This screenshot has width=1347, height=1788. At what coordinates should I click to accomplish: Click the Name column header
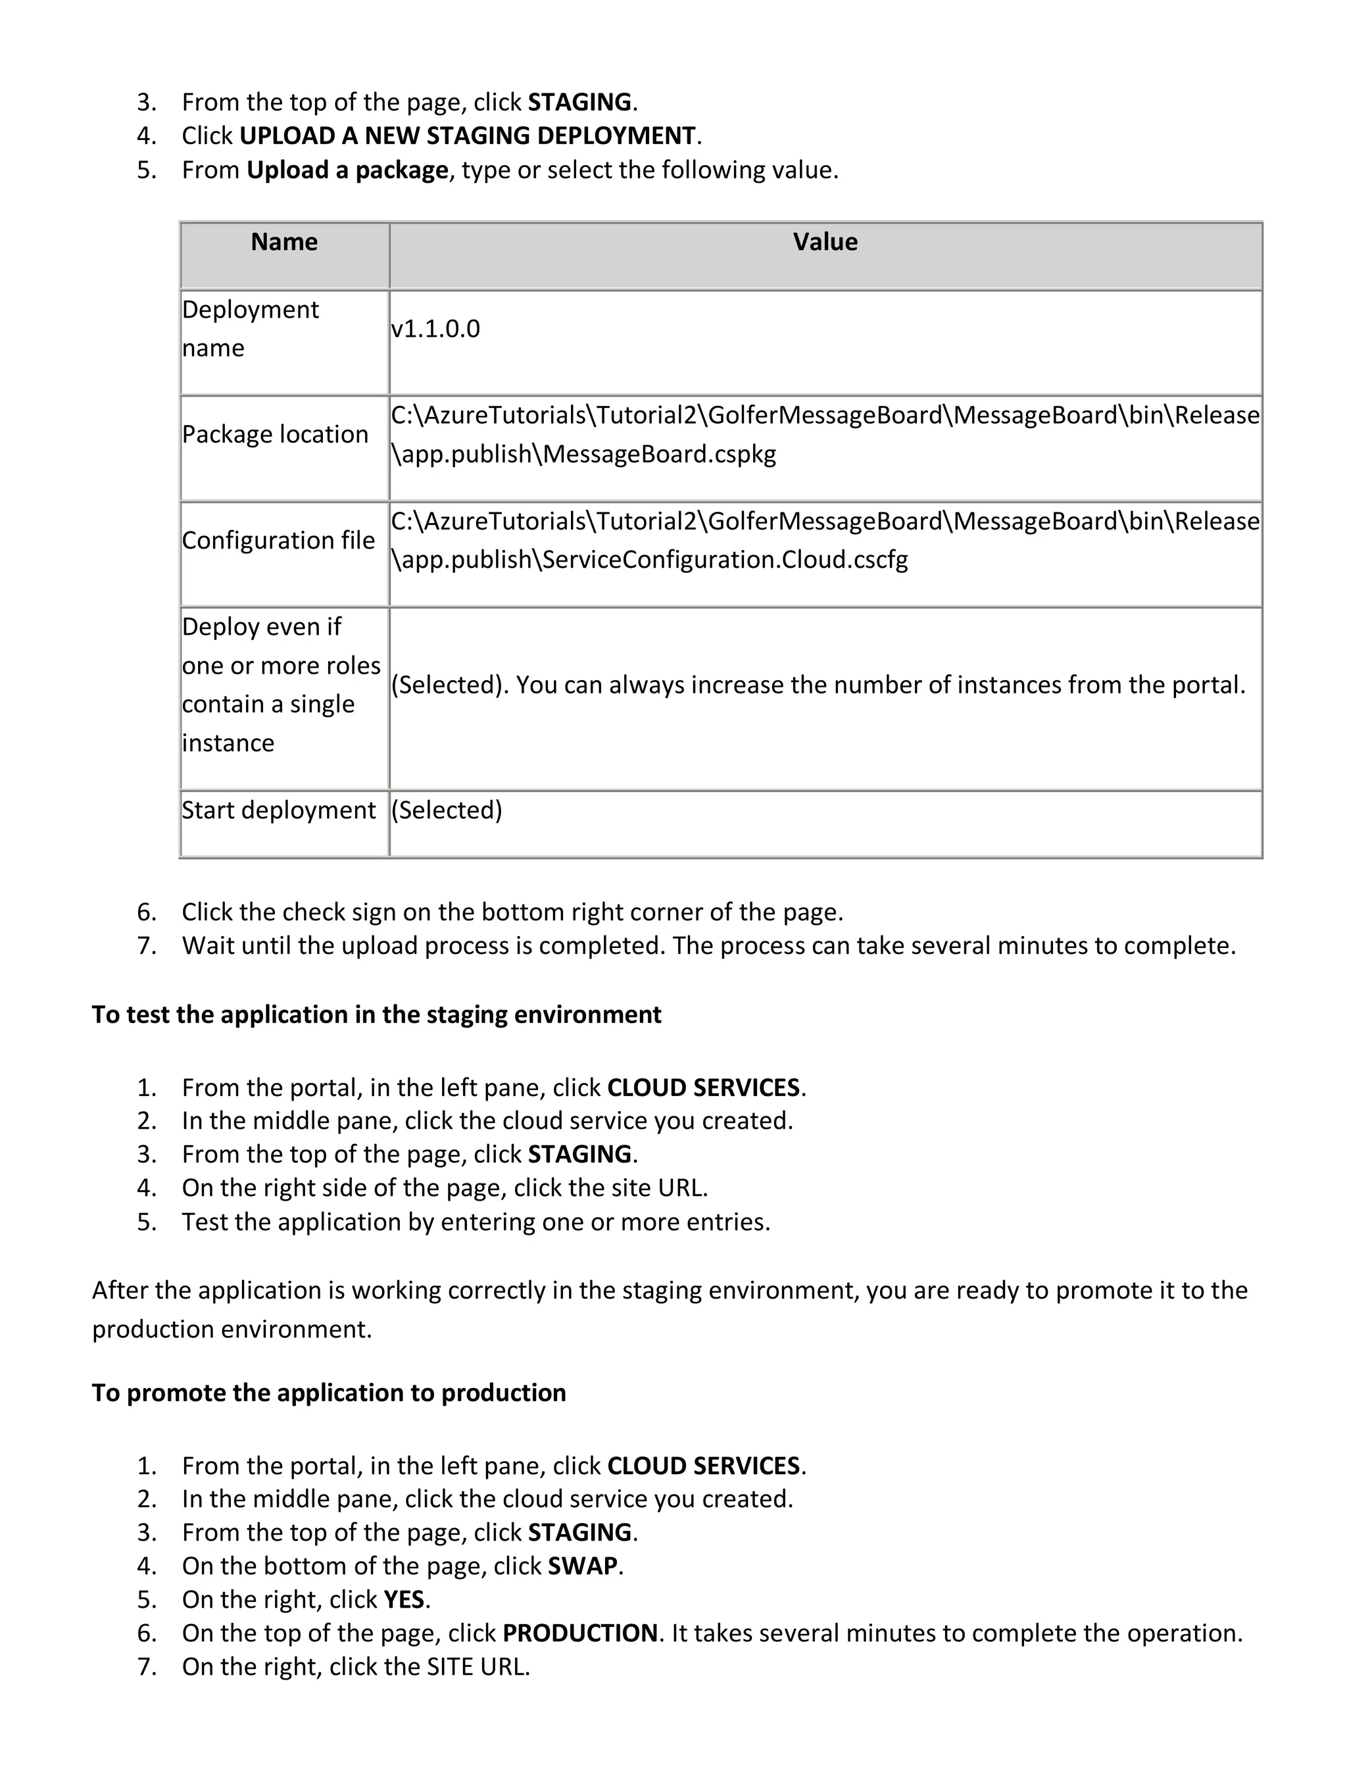coord(283,241)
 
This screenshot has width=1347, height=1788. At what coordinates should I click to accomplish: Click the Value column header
coord(824,241)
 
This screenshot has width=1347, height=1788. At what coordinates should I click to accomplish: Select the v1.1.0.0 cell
coord(435,329)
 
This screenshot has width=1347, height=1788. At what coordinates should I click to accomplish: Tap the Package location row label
coord(275,434)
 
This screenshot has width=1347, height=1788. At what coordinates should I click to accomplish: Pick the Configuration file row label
coord(278,540)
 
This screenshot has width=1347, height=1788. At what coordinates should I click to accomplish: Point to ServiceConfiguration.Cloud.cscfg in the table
coord(725,559)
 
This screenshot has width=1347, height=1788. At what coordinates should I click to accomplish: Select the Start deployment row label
coord(278,810)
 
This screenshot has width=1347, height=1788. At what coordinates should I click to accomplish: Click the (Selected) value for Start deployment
coord(447,810)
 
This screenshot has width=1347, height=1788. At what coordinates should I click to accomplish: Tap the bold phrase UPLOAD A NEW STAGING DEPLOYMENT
coord(467,136)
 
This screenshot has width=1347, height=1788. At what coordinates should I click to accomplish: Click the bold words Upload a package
coord(347,170)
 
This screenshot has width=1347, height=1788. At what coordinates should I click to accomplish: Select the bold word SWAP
coord(582,1566)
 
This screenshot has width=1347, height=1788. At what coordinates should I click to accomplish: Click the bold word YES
coord(404,1599)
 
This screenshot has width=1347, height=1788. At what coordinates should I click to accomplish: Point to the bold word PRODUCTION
coord(579,1633)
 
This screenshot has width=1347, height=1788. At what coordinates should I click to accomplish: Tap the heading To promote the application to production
coord(328,1393)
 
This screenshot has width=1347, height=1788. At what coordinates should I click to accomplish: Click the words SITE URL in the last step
coord(477,1666)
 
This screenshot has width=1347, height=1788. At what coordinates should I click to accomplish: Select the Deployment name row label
coord(250,328)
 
